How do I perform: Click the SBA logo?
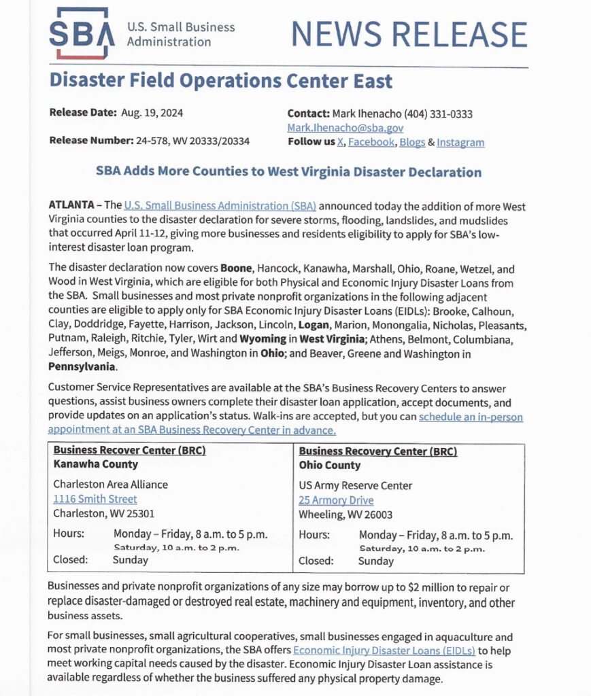click(79, 33)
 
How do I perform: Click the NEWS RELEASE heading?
click(409, 35)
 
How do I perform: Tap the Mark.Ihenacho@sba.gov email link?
click(345, 128)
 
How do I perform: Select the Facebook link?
click(372, 142)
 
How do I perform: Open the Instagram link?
click(460, 142)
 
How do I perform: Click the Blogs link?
click(412, 142)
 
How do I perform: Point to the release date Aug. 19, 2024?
click(152, 113)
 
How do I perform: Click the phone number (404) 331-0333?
click(438, 114)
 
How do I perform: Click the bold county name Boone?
click(235, 268)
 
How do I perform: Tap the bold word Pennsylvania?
click(82, 367)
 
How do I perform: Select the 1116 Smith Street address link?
click(95, 499)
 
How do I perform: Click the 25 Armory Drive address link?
click(336, 500)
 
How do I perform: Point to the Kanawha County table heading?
click(95, 464)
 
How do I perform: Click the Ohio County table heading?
click(329, 466)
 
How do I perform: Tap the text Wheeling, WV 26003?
click(345, 515)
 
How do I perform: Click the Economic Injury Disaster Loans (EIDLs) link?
click(384, 650)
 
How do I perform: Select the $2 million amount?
click(425, 587)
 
